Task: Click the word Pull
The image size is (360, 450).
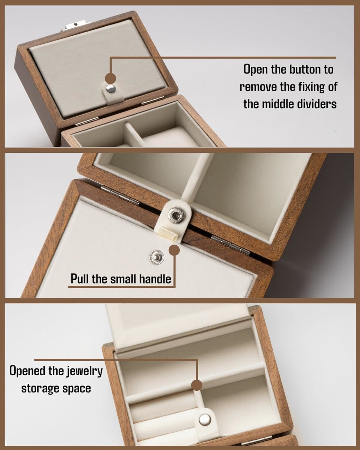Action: (80, 279)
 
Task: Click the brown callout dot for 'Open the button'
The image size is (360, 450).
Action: (110, 79)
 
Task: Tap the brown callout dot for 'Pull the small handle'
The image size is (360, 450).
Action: (174, 250)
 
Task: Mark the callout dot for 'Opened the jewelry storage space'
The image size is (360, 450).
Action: (196, 385)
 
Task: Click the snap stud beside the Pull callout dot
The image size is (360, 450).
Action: (157, 257)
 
